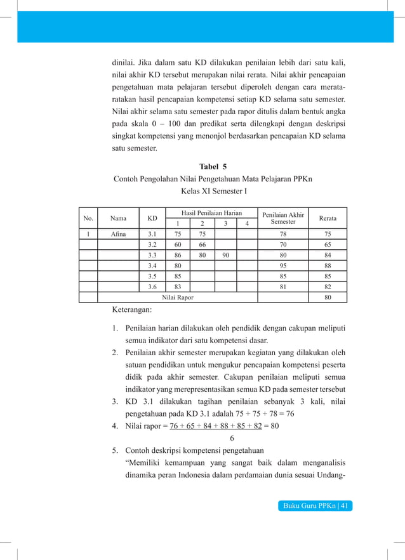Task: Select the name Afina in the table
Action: pos(118,233)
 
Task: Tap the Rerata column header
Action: pos(328,218)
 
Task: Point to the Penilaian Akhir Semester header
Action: pos(283,218)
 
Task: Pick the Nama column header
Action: pos(118,218)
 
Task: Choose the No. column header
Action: pos(88,218)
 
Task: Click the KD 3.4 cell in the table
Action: pos(152,265)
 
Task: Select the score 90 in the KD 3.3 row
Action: pos(226,254)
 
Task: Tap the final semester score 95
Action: pos(283,265)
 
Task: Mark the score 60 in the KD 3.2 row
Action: pos(178,244)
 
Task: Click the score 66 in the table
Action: pos(202,244)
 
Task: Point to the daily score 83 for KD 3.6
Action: pos(178,287)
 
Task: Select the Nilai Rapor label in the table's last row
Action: pos(178,297)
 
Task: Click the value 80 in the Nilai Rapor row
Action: pos(328,297)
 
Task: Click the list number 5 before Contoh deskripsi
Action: pos(115,452)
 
